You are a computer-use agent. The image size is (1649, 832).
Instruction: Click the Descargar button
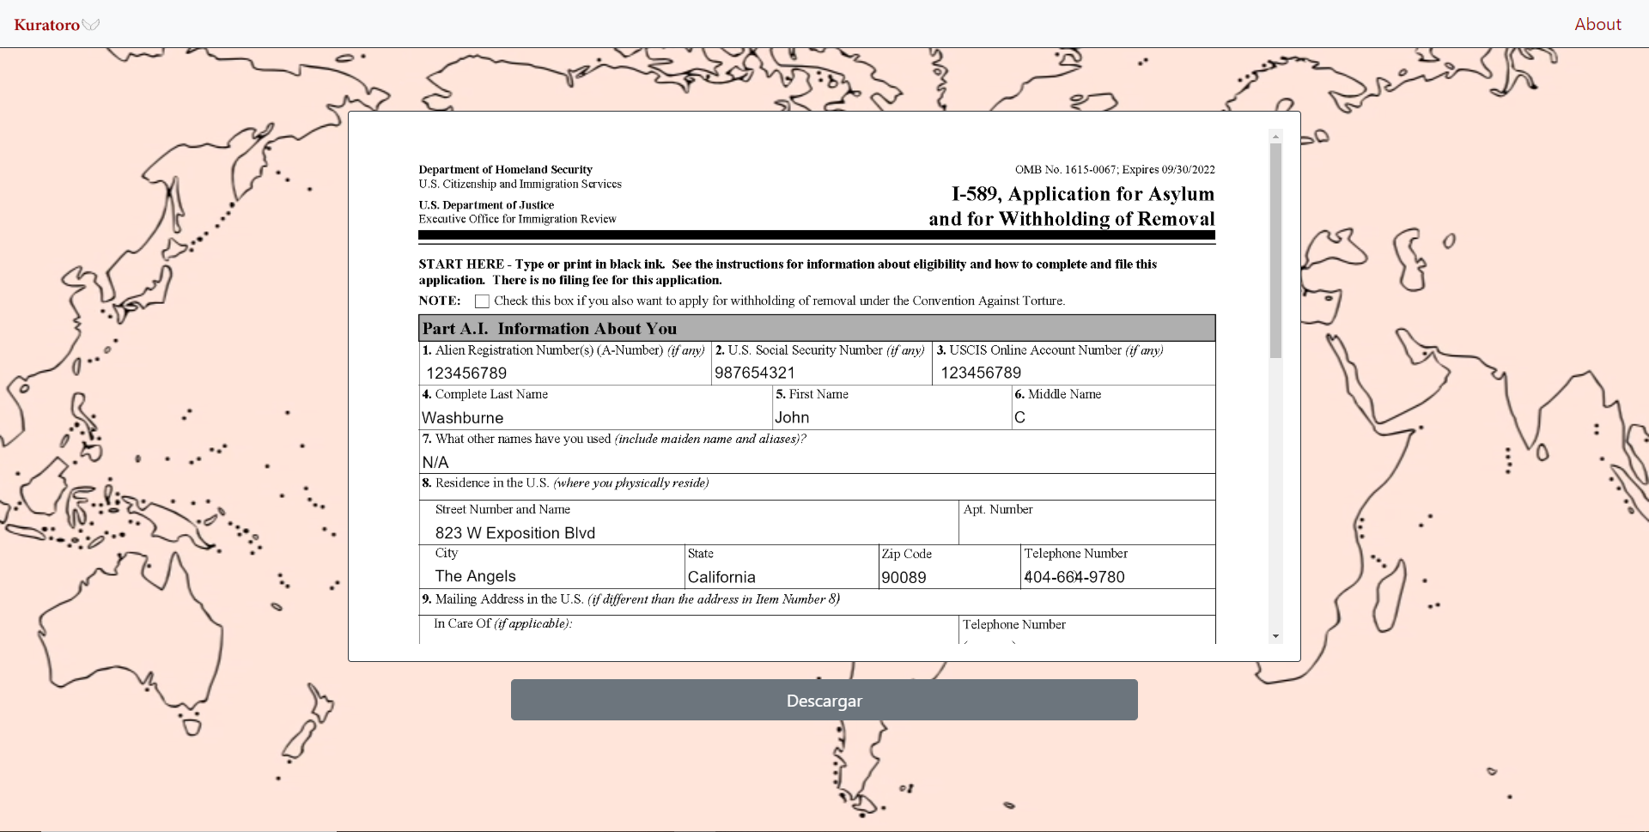tap(824, 700)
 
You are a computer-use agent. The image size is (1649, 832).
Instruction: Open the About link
tap(1597, 24)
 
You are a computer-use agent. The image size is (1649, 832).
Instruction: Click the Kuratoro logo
tap(48, 25)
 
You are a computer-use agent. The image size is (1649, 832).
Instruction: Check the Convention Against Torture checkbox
tap(482, 301)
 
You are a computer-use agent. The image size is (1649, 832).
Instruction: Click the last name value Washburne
tap(462, 418)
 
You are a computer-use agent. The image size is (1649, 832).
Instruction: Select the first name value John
tap(791, 418)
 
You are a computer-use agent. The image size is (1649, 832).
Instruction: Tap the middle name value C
tap(1019, 418)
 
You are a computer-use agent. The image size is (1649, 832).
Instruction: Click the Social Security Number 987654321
tap(754, 373)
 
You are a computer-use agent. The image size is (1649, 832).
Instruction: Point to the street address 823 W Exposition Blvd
tap(514, 533)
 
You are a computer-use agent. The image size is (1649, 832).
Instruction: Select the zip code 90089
tap(904, 578)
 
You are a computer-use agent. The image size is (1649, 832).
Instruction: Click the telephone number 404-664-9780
tap(1074, 578)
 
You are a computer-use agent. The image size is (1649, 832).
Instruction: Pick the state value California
tap(721, 578)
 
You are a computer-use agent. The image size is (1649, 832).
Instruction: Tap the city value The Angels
tap(475, 576)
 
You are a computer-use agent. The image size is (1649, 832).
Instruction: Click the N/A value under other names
tap(435, 463)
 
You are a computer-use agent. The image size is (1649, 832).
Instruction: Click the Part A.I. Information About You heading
tap(549, 329)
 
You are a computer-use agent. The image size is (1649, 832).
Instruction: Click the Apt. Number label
tap(997, 510)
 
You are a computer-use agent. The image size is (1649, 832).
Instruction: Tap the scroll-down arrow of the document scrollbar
tap(1275, 636)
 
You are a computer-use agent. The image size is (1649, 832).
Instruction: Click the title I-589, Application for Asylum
tap(1082, 195)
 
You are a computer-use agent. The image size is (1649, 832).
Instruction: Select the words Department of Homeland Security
tap(505, 170)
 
